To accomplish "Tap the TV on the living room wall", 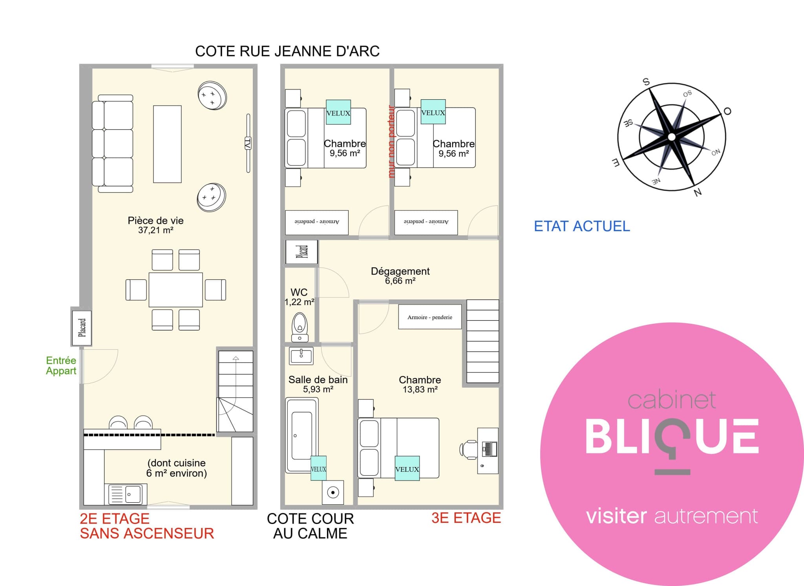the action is click(x=248, y=143).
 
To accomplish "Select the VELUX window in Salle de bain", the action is click(x=318, y=468).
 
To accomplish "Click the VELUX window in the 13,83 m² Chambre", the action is click(x=407, y=468).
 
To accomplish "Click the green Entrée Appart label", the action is click(x=61, y=365).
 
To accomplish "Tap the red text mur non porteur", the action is click(x=391, y=141).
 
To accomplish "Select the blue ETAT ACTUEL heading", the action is click(x=582, y=226).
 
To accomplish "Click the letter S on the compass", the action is click(x=646, y=82).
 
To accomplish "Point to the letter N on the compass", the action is click(x=698, y=192).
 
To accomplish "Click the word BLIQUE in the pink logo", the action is click(x=672, y=436).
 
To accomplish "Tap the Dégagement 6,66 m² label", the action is click(x=400, y=276).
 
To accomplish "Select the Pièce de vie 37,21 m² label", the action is click(x=155, y=225).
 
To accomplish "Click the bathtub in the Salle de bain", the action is click(x=302, y=435).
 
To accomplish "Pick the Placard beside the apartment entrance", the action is click(x=82, y=328).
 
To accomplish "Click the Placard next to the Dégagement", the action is click(x=301, y=252).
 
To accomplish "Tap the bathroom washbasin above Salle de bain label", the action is click(x=301, y=356).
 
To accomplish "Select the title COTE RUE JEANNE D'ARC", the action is click(x=287, y=51).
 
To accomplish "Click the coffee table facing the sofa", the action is click(x=167, y=144).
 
